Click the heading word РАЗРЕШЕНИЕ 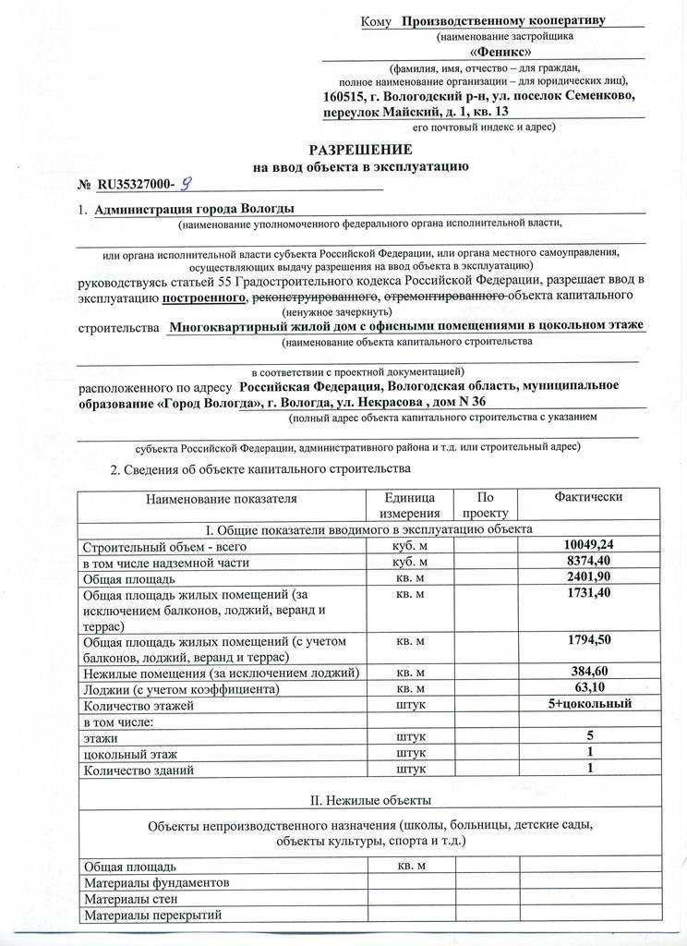coord(360,150)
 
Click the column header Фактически coord(588,497)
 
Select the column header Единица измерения coord(410,505)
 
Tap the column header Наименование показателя coord(221,498)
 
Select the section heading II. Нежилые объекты coord(368,800)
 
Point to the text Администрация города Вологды coord(195,209)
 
